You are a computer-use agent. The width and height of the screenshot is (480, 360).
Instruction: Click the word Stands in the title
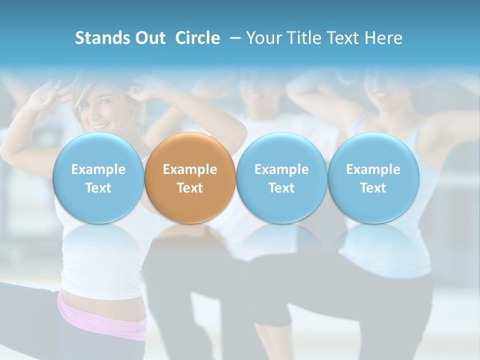click(99, 38)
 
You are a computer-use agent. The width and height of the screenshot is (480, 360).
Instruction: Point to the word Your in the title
click(263, 38)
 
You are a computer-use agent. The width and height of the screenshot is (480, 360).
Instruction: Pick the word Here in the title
click(384, 38)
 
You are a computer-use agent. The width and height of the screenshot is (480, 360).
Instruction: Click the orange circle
click(190, 178)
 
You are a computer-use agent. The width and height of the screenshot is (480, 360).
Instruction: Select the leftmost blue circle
click(98, 178)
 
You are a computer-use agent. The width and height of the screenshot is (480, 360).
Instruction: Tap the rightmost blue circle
click(373, 178)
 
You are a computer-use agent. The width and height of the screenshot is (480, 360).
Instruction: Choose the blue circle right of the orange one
click(281, 178)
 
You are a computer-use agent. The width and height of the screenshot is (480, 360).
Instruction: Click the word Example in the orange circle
click(190, 169)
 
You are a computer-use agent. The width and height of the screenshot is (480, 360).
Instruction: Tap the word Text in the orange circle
click(190, 188)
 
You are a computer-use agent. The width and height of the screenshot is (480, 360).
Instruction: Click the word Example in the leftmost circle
click(98, 169)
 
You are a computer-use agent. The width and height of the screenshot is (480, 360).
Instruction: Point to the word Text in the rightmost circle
click(373, 188)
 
